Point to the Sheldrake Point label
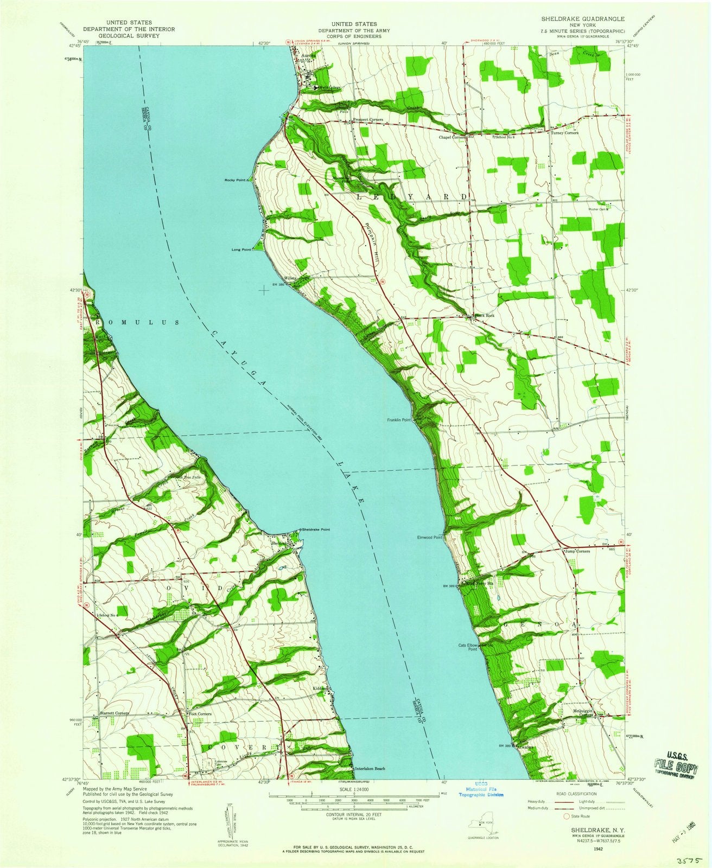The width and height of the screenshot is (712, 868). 317,529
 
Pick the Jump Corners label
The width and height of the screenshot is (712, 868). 576,551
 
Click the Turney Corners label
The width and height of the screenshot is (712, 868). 564,133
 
